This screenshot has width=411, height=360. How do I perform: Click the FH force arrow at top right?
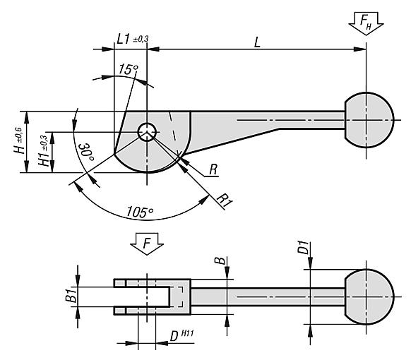tap(366, 23)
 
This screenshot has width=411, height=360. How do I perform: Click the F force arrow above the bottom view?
tap(147, 244)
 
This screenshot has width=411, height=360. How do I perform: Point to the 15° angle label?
tap(129, 69)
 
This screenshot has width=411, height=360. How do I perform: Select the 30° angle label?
tap(86, 152)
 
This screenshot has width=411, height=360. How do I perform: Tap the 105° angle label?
tap(140, 212)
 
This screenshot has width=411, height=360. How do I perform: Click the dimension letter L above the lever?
tap(257, 42)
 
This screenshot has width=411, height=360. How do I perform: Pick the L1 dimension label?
tap(123, 40)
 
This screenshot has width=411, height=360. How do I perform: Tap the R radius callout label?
tap(213, 169)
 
